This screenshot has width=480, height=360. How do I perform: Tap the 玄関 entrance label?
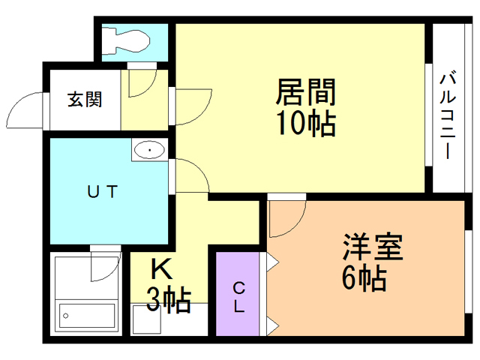coord(85,98)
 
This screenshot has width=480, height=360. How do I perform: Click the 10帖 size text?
coord(304,123)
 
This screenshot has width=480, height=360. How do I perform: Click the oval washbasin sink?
coord(151,151)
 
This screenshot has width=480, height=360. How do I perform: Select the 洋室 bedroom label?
coord(373,247)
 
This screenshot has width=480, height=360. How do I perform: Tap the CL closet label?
coord(238,297)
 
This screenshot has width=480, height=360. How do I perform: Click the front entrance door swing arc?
coord(26,110)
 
